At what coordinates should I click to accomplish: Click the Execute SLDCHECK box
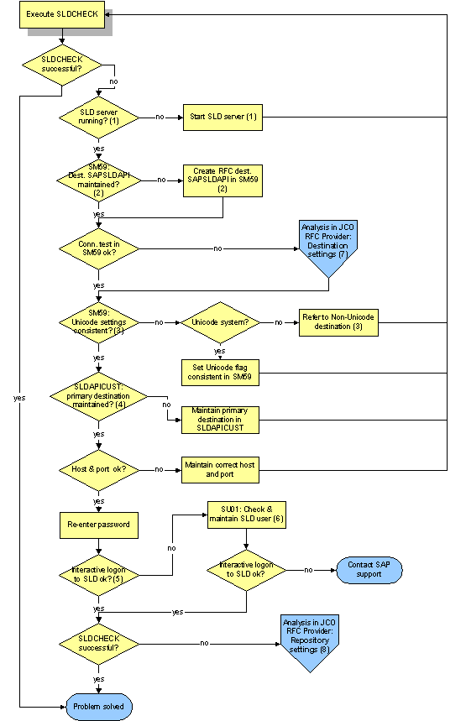[62, 14]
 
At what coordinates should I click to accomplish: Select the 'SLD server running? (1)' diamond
[99, 117]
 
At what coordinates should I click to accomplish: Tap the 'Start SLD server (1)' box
[223, 117]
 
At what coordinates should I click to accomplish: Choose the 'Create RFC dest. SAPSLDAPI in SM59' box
[223, 180]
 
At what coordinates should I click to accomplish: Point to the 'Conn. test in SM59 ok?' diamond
[99, 248]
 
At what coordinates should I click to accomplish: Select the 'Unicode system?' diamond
[221, 322]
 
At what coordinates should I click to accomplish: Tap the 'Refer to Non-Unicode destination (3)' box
[339, 322]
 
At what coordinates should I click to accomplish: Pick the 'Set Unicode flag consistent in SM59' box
[220, 373]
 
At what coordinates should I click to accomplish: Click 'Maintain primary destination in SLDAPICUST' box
[220, 420]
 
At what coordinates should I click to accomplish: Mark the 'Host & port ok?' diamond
[99, 469]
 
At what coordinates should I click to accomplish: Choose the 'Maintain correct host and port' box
[220, 470]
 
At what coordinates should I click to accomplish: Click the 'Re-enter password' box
[98, 525]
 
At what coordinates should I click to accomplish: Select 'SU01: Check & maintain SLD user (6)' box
[247, 515]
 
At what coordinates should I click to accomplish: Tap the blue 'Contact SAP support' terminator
[369, 570]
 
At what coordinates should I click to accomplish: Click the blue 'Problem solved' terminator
[99, 707]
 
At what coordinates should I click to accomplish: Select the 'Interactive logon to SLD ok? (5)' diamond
[99, 575]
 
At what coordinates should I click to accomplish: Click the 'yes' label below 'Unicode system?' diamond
[220, 351]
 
